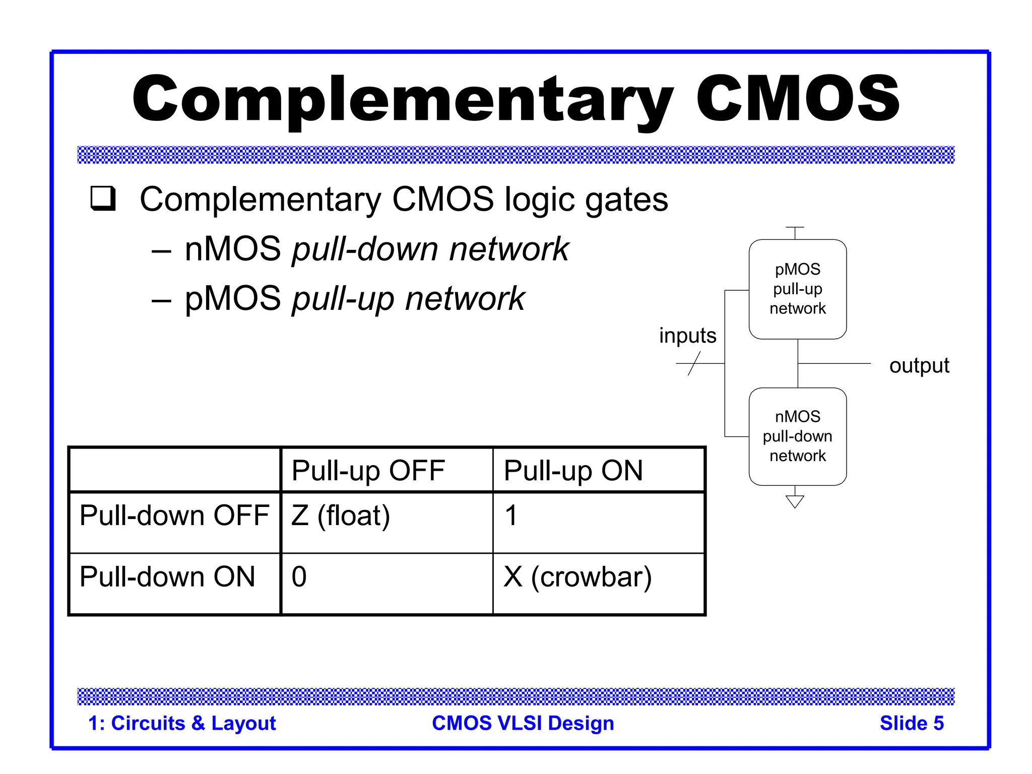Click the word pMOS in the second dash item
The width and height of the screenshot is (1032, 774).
click(x=233, y=298)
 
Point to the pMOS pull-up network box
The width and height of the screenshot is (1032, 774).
click(x=797, y=289)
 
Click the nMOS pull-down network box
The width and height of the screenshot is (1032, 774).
click(x=797, y=436)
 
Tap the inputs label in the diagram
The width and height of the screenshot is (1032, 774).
click(x=687, y=336)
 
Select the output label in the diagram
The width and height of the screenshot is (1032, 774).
click(x=919, y=365)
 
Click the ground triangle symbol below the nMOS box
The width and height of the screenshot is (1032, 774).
click(x=795, y=501)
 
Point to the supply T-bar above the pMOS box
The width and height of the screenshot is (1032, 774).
click(x=795, y=229)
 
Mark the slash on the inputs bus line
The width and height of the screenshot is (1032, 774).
click(x=694, y=363)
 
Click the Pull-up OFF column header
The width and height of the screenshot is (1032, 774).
click(x=368, y=471)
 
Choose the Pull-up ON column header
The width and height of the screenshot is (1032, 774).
click(x=573, y=471)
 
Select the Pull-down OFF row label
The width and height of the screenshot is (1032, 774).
click(x=174, y=515)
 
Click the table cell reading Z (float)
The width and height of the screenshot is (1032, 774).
click(x=341, y=516)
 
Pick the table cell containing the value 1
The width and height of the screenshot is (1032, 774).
click(x=511, y=516)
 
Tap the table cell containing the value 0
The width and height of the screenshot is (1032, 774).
click(x=299, y=577)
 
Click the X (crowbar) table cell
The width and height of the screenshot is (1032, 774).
click(x=577, y=577)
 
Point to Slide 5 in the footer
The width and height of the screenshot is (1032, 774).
click(x=911, y=723)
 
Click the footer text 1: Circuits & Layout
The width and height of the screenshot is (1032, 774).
click(x=182, y=723)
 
